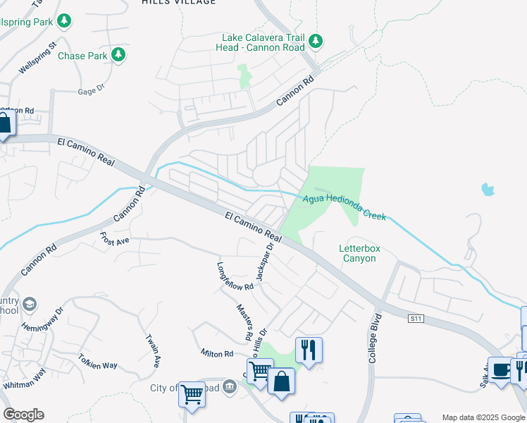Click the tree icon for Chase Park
coord(119,54)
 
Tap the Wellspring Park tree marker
coord(65,21)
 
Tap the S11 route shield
coord(417,319)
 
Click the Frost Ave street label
coord(114,240)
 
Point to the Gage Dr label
coord(91,90)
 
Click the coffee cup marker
coord(501,369)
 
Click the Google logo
coord(23,415)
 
